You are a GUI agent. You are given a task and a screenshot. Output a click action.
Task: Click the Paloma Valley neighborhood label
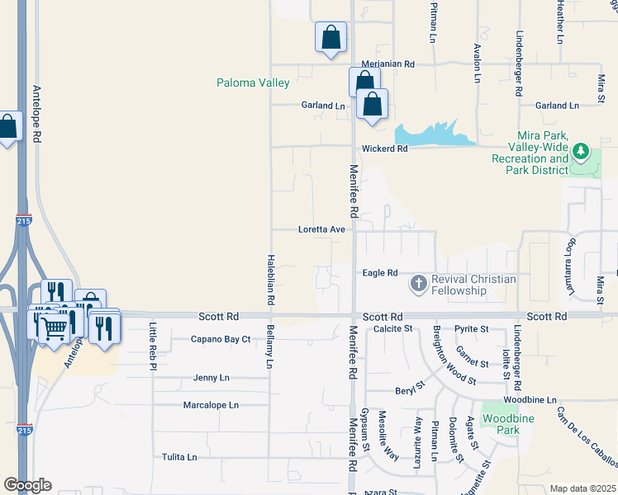(x=253, y=82)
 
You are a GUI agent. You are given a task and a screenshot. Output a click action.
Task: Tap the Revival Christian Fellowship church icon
(x=419, y=285)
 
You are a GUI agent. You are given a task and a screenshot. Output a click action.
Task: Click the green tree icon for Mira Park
(x=580, y=152)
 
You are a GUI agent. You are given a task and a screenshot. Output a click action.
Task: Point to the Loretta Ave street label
(x=321, y=229)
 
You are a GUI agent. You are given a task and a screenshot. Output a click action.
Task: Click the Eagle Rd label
(x=380, y=273)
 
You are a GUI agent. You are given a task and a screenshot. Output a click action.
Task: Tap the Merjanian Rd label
(x=387, y=64)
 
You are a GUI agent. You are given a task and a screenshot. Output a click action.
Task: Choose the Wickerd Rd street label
(x=384, y=149)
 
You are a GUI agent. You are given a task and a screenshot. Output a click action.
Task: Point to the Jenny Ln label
(x=211, y=378)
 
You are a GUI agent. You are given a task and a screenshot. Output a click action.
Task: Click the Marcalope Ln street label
(x=211, y=405)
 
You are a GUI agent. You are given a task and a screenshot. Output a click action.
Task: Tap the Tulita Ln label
(x=179, y=457)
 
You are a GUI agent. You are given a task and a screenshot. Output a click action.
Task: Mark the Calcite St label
(x=392, y=328)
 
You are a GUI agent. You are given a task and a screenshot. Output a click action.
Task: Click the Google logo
(x=27, y=485)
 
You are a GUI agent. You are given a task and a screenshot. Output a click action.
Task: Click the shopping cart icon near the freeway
(x=55, y=328)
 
